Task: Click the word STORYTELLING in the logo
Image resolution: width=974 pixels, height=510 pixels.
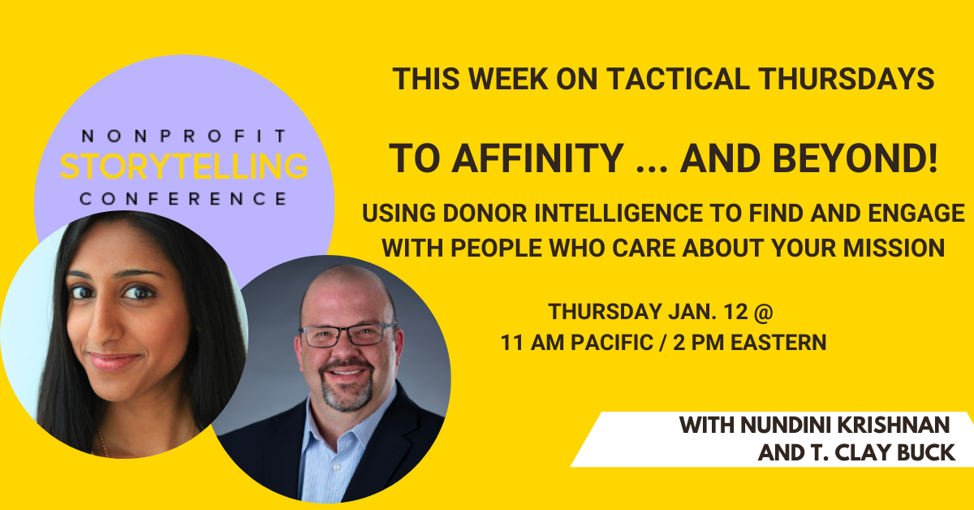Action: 184,166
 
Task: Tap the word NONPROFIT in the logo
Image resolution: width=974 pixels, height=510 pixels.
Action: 184,136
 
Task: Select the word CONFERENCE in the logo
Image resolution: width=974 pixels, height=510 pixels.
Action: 183,199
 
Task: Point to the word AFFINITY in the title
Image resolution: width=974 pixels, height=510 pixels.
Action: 538,158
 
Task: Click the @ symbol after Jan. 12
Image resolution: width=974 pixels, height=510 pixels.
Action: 764,312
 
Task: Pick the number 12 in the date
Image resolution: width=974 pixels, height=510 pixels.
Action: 735,312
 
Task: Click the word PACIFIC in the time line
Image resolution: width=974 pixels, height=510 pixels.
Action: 612,343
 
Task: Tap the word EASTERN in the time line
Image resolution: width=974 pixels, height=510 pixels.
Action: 778,343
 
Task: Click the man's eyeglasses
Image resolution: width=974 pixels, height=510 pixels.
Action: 347,335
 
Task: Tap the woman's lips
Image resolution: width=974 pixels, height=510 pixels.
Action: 114,361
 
